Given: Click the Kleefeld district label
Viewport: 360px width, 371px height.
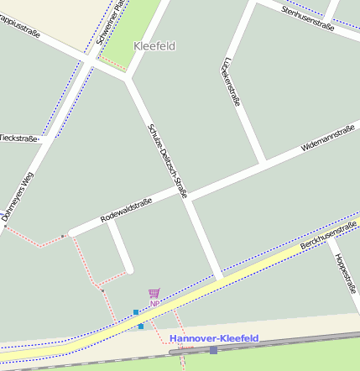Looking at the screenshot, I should pos(154,46).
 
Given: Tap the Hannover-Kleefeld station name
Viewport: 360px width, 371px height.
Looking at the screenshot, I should pos(214,337).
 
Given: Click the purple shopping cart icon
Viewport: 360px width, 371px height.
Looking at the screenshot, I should pos(154,294).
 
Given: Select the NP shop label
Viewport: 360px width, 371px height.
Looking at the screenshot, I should pos(154,303).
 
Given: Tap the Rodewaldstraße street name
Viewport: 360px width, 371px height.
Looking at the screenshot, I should pos(126,210).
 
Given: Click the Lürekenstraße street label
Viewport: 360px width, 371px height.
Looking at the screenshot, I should pos(230,82).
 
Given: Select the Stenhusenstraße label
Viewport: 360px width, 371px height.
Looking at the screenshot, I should pos(308,19).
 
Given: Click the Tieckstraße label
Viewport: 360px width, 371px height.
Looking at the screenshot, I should pos(18,138).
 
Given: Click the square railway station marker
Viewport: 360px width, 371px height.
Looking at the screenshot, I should pos(213,349).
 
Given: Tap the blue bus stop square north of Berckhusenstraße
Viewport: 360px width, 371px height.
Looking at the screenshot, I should pos(136,312).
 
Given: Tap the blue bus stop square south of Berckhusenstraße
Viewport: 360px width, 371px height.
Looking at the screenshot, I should pos(142,325).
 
